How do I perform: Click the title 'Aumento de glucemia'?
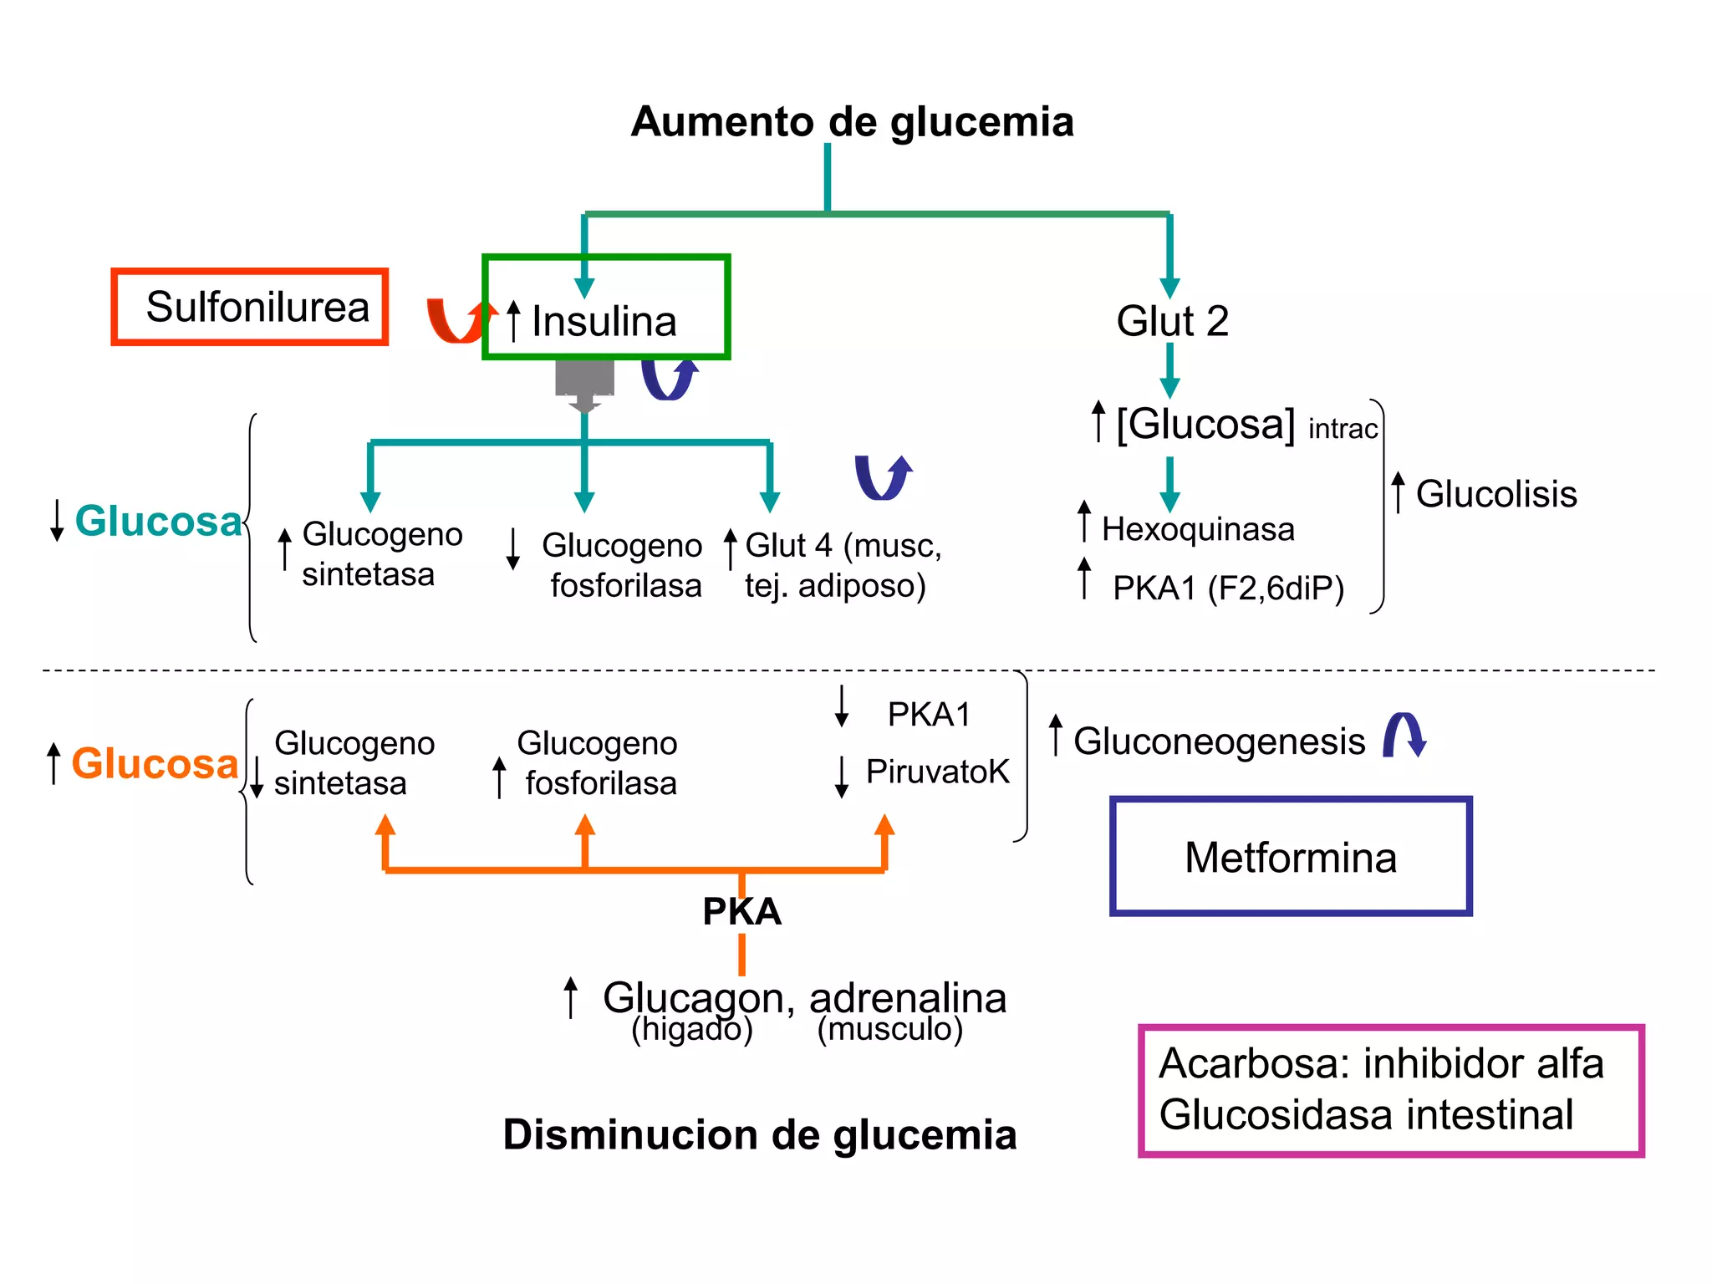click(x=851, y=122)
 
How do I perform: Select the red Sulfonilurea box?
click(x=250, y=307)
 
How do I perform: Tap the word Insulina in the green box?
click(x=604, y=322)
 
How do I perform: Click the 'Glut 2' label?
click(x=1172, y=321)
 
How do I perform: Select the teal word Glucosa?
click(x=158, y=522)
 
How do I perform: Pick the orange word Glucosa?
click(x=155, y=763)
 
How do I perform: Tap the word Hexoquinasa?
click(x=1197, y=529)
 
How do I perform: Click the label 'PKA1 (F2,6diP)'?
click(x=1227, y=588)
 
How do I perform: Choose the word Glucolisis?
click(x=1495, y=494)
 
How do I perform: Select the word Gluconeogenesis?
click(x=1219, y=741)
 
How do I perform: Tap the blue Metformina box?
click(x=1290, y=857)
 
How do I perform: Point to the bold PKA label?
click(x=741, y=911)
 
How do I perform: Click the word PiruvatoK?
click(x=937, y=772)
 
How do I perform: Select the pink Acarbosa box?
click(x=1390, y=1090)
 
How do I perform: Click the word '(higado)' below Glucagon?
click(x=692, y=1029)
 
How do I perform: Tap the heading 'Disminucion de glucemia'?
click(x=759, y=1135)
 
